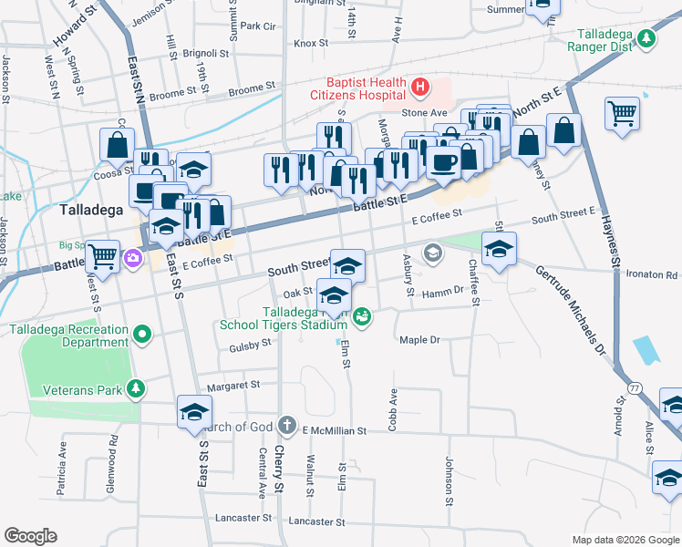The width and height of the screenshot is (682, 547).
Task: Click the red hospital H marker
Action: pyautogui.click(x=420, y=88)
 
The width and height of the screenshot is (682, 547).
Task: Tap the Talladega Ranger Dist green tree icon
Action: pyautogui.click(x=646, y=38)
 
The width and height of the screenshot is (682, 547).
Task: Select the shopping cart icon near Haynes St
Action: pyautogui.click(x=622, y=115)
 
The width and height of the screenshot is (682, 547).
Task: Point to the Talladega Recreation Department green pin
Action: pyautogui.click(x=141, y=335)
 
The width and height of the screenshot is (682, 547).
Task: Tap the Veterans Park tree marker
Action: pyautogui.click(x=135, y=389)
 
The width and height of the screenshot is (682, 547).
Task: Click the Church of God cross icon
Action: pyautogui.click(x=286, y=425)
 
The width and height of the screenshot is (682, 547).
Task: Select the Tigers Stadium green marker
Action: pyautogui.click(x=363, y=316)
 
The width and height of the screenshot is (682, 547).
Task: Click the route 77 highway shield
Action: pyautogui.click(x=635, y=388)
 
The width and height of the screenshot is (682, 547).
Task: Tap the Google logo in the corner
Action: pyautogui.click(x=30, y=536)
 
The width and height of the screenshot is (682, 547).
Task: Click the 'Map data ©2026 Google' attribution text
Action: pyautogui.click(x=625, y=540)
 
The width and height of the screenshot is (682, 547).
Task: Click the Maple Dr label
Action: pyautogui.click(x=419, y=340)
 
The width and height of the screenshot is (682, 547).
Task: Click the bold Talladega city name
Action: pyautogui.click(x=91, y=210)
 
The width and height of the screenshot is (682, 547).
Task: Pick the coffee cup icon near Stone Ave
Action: pyautogui.click(x=443, y=163)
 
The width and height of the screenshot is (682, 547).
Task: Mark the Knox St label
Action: pyautogui.click(x=310, y=43)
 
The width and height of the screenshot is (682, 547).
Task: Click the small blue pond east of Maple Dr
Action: pyautogui.click(x=644, y=349)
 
